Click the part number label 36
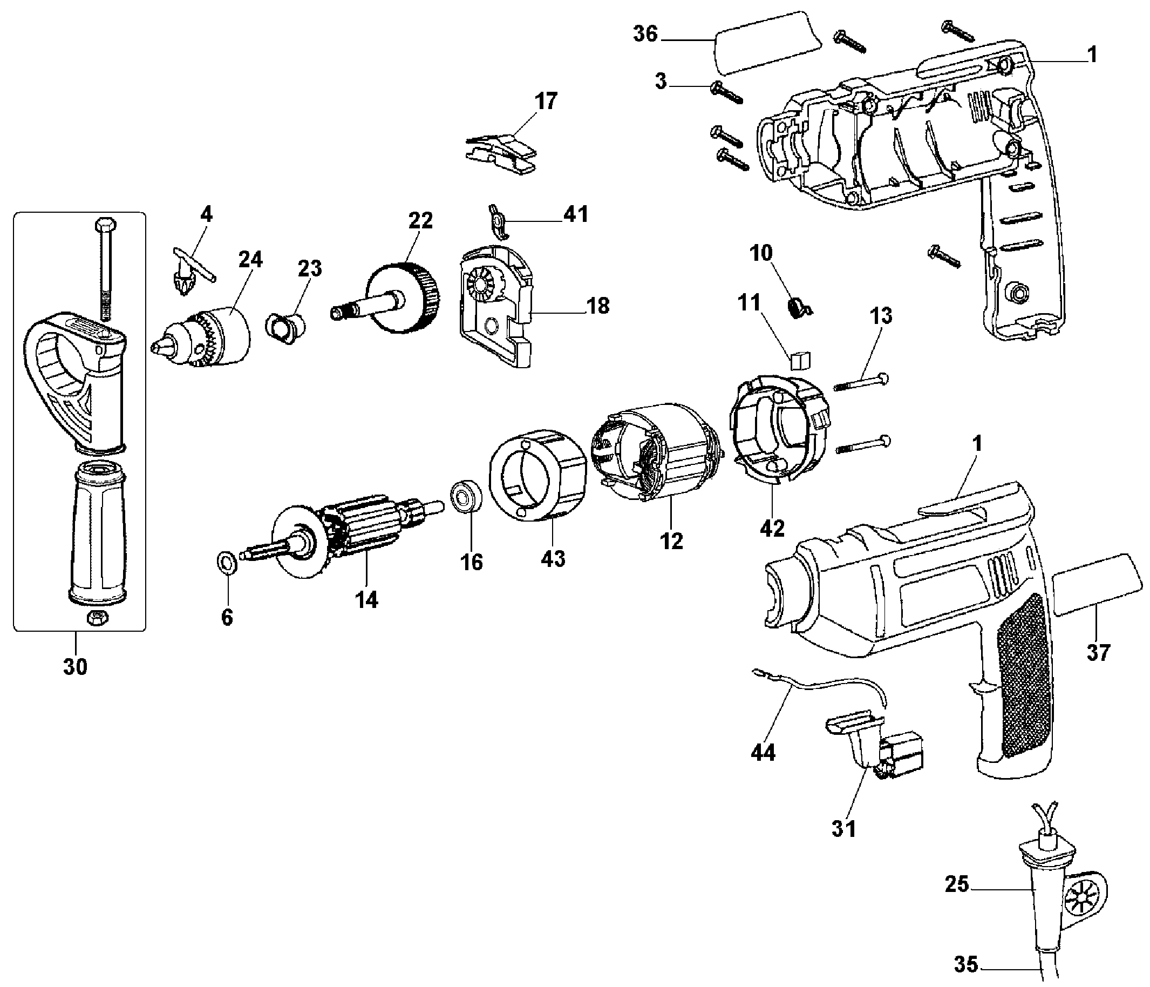[x=645, y=35]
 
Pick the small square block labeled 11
[x=800, y=361]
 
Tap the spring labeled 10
[x=797, y=307]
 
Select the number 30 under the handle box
[x=75, y=666]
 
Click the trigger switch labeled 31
[x=872, y=747]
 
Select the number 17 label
[x=546, y=102]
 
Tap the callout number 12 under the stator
[x=671, y=541]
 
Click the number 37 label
[x=1098, y=653]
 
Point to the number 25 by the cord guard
[x=957, y=884]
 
